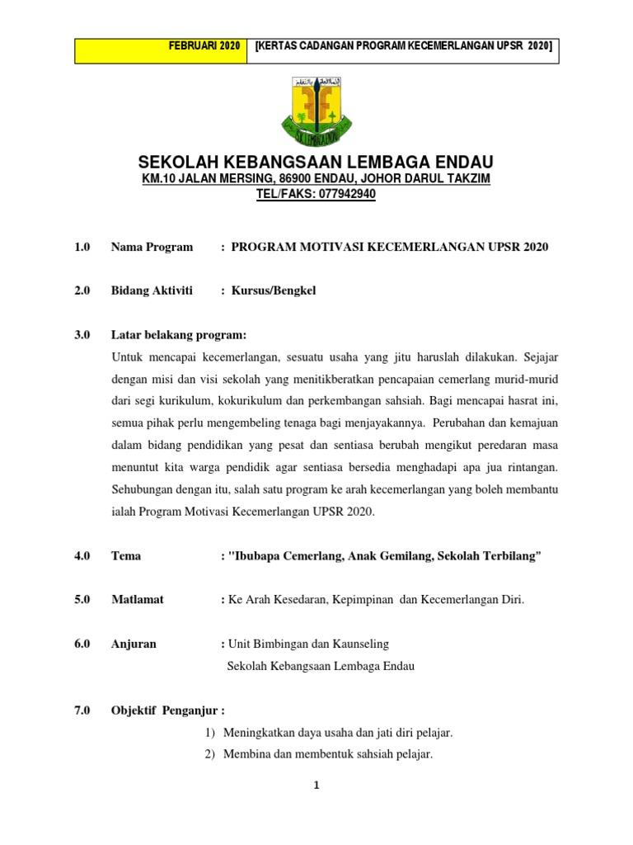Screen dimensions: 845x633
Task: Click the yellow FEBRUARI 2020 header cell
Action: [x=162, y=51]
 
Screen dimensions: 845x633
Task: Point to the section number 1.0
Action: [x=82, y=247]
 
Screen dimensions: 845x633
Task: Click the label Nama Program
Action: [x=152, y=247]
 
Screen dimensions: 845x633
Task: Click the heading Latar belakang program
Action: [x=178, y=334]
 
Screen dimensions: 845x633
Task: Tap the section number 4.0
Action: [x=82, y=555]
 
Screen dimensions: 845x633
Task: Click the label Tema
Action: [x=126, y=555]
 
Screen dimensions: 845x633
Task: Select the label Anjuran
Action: [x=134, y=644]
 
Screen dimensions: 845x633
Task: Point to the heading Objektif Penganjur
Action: [x=167, y=710]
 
